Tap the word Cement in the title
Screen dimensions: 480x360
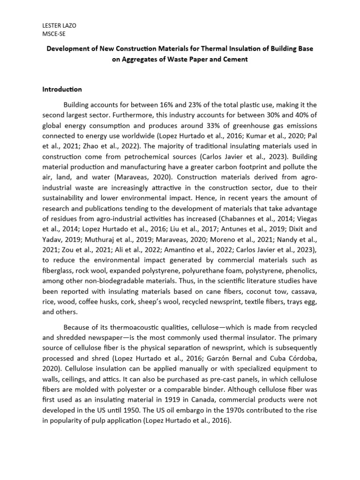coord(232,59)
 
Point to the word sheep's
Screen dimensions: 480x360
coord(165,302)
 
